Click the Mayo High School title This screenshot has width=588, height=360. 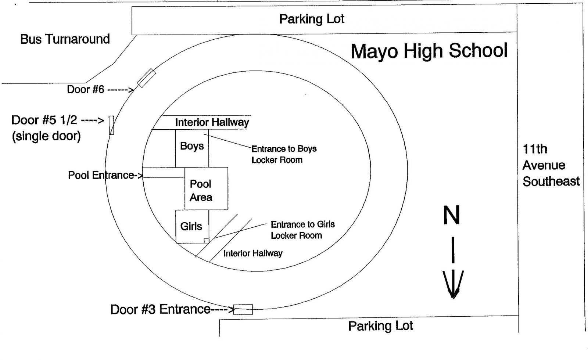[429, 51]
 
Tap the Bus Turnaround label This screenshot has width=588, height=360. [65, 39]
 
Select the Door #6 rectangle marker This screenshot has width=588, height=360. [146, 78]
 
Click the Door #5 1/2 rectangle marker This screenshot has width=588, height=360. [111, 125]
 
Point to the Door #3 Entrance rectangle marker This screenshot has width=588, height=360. [243, 309]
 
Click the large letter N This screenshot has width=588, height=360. [452, 215]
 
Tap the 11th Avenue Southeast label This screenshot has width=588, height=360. [551, 165]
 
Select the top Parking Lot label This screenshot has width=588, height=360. [312, 19]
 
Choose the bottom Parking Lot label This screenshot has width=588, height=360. [381, 326]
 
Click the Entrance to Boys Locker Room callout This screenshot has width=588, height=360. [284, 154]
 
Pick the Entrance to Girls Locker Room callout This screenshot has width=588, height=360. [302, 230]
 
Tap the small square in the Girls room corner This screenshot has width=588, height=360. [206, 240]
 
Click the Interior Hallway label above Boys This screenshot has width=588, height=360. [212, 122]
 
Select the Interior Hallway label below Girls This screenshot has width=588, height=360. [253, 253]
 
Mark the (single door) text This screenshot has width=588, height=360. [46, 136]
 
